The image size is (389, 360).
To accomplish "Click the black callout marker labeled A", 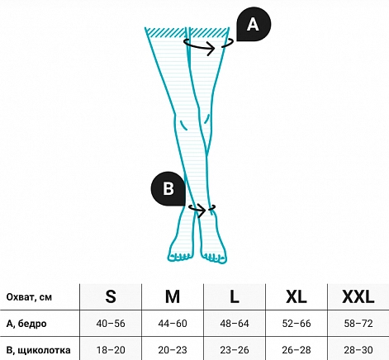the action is [254, 24].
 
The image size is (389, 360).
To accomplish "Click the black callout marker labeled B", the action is [168, 189].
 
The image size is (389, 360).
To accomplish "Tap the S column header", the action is [111, 296].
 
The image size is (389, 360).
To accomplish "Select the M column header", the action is [173, 296].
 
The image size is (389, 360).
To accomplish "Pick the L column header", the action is [235, 296].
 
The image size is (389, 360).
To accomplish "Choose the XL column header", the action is [296, 296].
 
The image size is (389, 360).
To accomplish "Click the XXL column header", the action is [358, 296].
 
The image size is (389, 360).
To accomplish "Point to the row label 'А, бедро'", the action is [26, 324].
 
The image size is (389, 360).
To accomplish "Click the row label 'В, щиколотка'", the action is [38, 350].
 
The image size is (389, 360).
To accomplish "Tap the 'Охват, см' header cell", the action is [29, 297].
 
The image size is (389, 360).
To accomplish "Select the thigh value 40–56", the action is [111, 324].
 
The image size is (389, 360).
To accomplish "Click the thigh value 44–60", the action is [173, 324].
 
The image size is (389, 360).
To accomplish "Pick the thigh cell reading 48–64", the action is [235, 324].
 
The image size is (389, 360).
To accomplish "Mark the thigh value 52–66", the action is [296, 324].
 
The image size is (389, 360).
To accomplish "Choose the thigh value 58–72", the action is [358, 324].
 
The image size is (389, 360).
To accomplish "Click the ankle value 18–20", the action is [111, 350].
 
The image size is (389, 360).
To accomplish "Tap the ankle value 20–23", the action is [173, 350].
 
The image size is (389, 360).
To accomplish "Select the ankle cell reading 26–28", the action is [296, 350].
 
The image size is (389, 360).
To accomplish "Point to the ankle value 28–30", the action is [358, 350].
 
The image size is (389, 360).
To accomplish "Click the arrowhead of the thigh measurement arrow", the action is [212, 49].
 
